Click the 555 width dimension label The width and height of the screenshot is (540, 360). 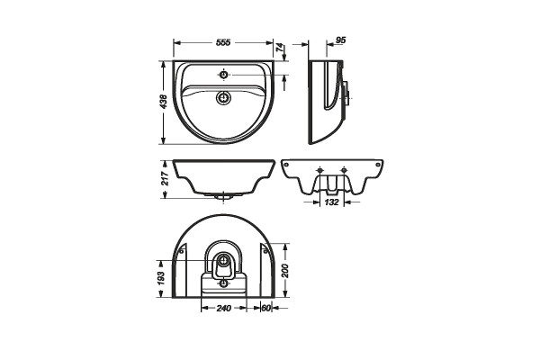click(x=223, y=42)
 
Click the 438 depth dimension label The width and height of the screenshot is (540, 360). click(x=164, y=102)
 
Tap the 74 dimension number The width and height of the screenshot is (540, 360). click(x=280, y=47)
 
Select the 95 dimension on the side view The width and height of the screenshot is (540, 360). click(x=340, y=40)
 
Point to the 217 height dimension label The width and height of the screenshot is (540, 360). click(x=166, y=178)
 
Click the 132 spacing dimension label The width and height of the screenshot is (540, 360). click(x=332, y=202)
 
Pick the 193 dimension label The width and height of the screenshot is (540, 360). click(x=161, y=278)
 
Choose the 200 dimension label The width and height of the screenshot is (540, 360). click(x=285, y=271)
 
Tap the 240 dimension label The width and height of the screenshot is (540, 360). click(x=224, y=308)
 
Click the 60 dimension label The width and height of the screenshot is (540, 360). click(x=266, y=308)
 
